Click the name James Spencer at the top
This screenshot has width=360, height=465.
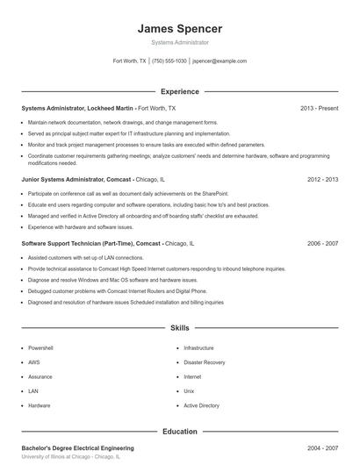point(180,28)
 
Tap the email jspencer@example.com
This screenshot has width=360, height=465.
point(219,61)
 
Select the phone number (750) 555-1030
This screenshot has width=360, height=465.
point(169,61)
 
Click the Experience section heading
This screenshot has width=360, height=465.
point(180,91)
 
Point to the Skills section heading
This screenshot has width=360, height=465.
point(180,328)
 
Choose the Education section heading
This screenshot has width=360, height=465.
point(180,432)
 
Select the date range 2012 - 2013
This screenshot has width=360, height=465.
point(322,179)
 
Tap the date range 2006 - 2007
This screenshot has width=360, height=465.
point(322,243)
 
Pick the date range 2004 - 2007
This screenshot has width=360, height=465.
point(322,448)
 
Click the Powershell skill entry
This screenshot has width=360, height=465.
point(41,348)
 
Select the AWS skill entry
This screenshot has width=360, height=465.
point(33,362)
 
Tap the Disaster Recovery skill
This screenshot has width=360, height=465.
point(205,362)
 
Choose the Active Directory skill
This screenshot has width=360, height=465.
point(202,406)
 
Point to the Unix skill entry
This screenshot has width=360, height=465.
point(189,391)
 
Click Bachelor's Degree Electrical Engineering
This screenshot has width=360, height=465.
point(77,448)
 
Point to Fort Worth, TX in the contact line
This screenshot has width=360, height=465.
point(130,61)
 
